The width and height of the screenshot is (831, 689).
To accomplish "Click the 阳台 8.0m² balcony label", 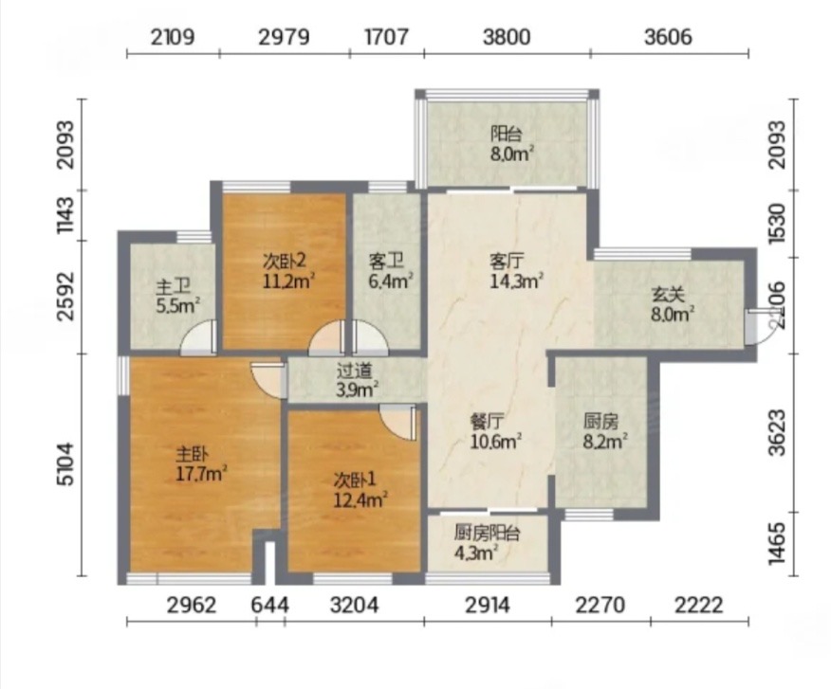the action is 511,144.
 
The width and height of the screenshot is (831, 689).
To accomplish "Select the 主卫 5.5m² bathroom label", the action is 177,297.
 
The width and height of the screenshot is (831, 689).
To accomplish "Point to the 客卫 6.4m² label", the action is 391,271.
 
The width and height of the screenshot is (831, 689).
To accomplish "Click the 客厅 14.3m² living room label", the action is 516,271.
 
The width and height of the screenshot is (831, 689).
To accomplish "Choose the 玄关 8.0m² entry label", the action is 673,304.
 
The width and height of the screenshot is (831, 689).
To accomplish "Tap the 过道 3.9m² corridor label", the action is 357,380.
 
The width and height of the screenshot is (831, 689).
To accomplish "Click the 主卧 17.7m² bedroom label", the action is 201,464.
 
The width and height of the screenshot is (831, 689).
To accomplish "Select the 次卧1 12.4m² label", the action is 360,490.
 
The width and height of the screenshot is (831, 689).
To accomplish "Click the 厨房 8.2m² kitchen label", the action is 606,431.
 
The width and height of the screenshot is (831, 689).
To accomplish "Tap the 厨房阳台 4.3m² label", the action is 487,543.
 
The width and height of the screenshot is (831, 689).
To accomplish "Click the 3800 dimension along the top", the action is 507,37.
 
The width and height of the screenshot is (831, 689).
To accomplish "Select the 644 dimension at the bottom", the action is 269,605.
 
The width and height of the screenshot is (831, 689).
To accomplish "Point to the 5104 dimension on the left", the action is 67,464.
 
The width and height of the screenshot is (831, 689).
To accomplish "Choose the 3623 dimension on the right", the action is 777,432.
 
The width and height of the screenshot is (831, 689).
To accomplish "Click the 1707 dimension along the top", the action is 386,37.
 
